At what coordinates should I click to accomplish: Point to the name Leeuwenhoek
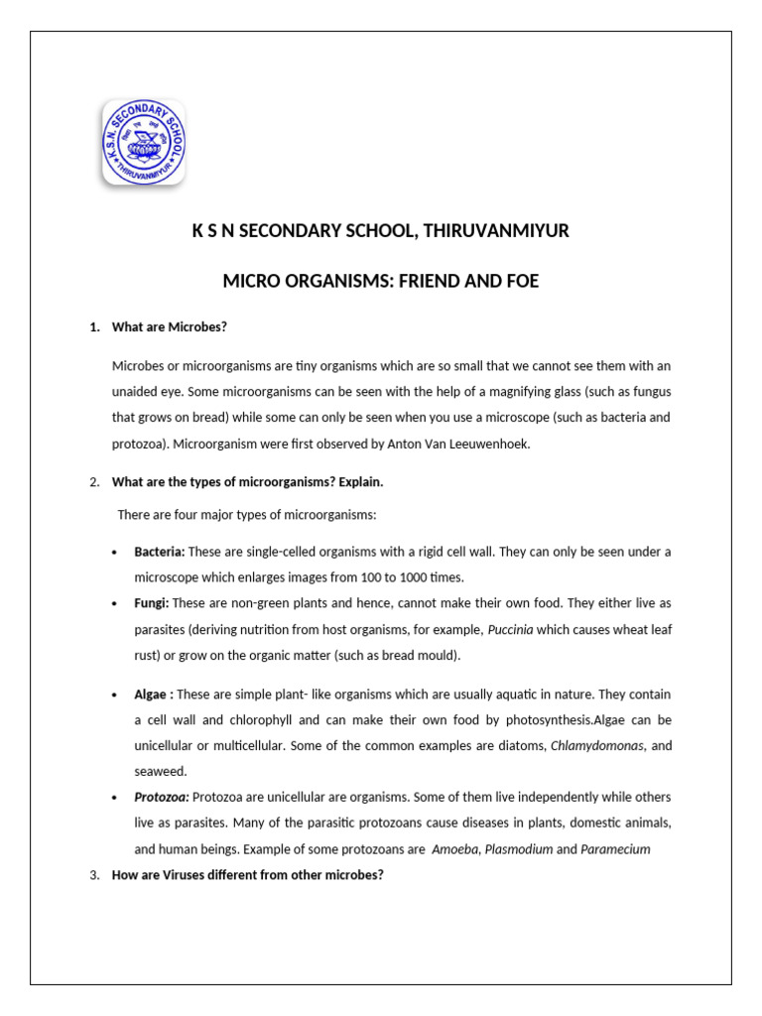click(x=490, y=444)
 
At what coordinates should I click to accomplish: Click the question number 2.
click(x=93, y=482)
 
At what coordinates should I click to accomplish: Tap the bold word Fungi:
click(x=152, y=603)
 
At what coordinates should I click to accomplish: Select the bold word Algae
click(x=151, y=695)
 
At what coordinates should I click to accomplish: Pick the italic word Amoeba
click(x=456, y=849)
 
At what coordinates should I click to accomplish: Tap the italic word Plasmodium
click(x=518, y=849)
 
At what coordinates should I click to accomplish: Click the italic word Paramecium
click(x=615, y=849)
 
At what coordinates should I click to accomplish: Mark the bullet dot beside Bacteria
click(x=115, y=552)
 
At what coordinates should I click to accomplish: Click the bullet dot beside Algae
click(x=115, y=695)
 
